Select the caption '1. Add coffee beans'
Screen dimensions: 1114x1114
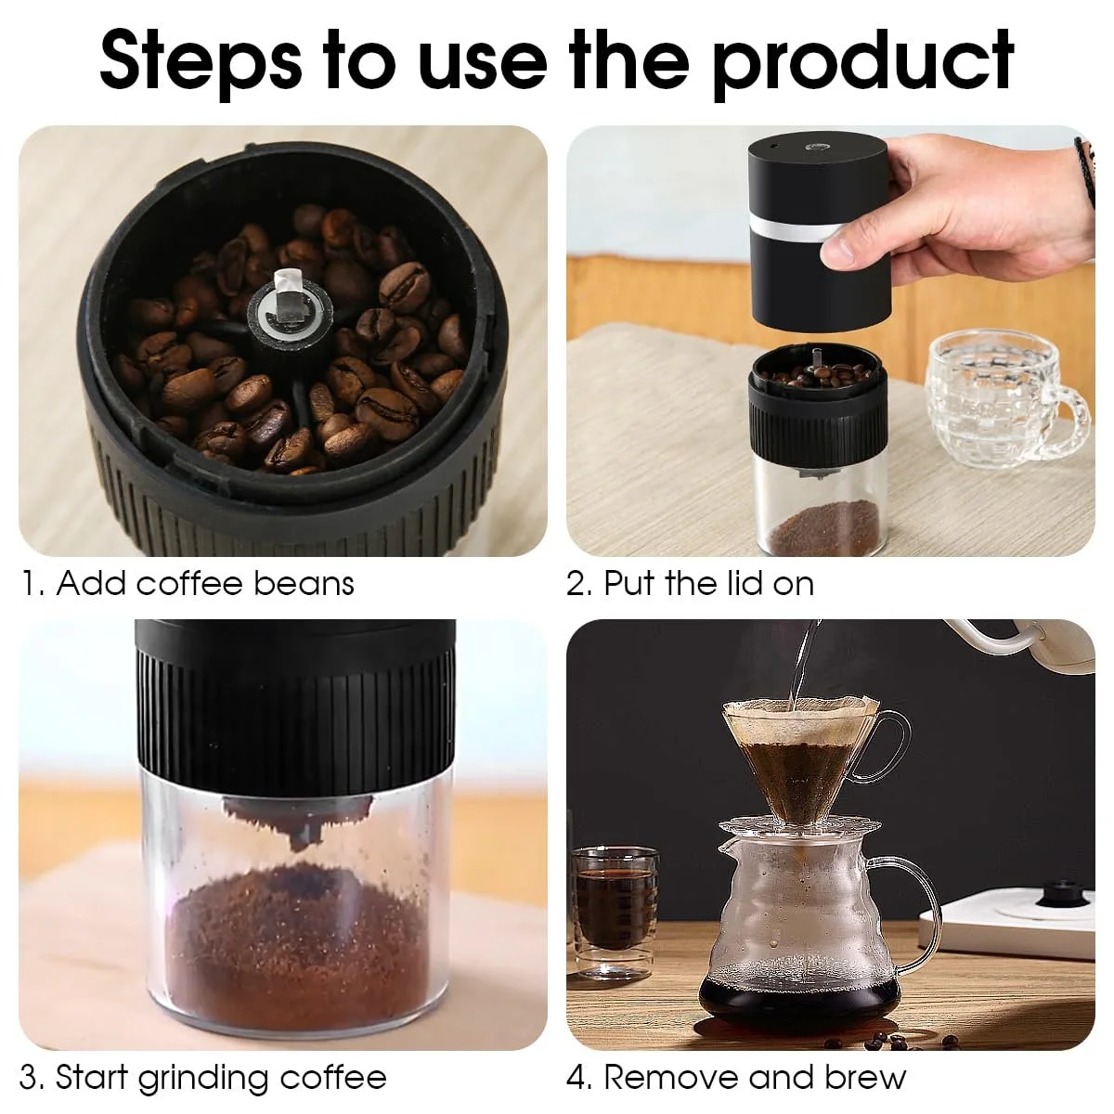pos(188,583)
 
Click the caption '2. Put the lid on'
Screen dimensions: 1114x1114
pos(691,583)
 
